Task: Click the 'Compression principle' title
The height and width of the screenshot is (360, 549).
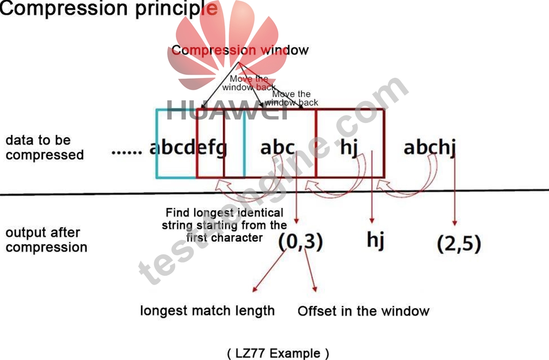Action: pyautogui.click(x=108, y=8)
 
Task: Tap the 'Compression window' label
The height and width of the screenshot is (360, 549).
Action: pyautogui.click(x=240, y=50)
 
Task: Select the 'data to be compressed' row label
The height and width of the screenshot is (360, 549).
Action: pyautogui.click(x=45, y=148)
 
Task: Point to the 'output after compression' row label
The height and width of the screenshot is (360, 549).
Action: pyautogui.click(x=46, y=240)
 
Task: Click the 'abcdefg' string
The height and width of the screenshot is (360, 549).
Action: pyautogui.click(x=188, y=148)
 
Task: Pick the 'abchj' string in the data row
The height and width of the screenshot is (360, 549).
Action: pyautogui.click(x=430, y=147)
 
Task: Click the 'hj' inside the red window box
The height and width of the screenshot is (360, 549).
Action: pyautogui.click(x=349, y=147)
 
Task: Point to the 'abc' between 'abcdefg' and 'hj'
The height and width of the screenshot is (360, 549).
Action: pyautogui.click(x=278, y=147)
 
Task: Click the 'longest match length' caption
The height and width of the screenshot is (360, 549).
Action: pyautogui.click(x=207, y=311)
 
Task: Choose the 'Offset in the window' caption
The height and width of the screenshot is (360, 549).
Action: pyautogui.click(x=363, y=311)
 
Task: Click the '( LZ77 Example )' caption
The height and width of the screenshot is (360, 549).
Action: pyautogui.click(x=278, y=353)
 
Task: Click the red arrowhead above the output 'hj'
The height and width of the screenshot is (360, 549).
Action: pyautogui.click(x=372, y=220)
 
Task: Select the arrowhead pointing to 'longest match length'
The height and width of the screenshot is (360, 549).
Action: pyautogui.click(x=255, y=289)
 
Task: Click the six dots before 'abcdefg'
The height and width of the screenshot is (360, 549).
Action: pyautogui.click(x=127, y=152)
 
